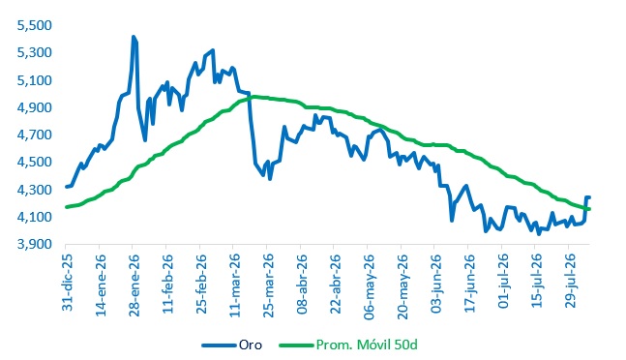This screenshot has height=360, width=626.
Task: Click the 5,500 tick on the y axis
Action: coord(34,25)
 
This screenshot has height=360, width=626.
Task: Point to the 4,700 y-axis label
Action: coord(34,135)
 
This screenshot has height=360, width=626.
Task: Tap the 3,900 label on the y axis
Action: coord(34,244)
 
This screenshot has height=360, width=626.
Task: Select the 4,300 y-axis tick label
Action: coord(34,190)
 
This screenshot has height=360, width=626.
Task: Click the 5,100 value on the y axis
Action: coord(34,80)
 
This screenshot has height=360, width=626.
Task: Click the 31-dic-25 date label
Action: coord(68,283)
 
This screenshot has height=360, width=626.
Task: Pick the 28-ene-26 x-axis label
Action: coord(134,285)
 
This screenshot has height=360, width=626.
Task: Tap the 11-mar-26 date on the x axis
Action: coord(235,285)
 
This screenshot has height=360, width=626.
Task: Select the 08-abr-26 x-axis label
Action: coord(303,285)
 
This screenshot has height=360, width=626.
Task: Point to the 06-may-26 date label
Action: coord(370,286)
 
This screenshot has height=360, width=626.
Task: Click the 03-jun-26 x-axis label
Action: coord(436,284)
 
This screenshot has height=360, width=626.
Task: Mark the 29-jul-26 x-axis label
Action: coord(571,281)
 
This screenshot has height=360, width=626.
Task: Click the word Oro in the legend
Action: coord(251,345)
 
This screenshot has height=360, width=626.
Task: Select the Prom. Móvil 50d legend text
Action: coord(367,345)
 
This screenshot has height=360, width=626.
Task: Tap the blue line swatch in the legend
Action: coord(219,345)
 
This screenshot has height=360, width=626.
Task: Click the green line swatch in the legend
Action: coord(296,345)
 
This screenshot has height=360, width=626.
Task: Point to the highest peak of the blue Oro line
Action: coord(134,37)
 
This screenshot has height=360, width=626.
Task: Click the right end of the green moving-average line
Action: coord(589,209)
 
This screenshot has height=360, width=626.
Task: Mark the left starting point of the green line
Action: coord(67,207)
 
